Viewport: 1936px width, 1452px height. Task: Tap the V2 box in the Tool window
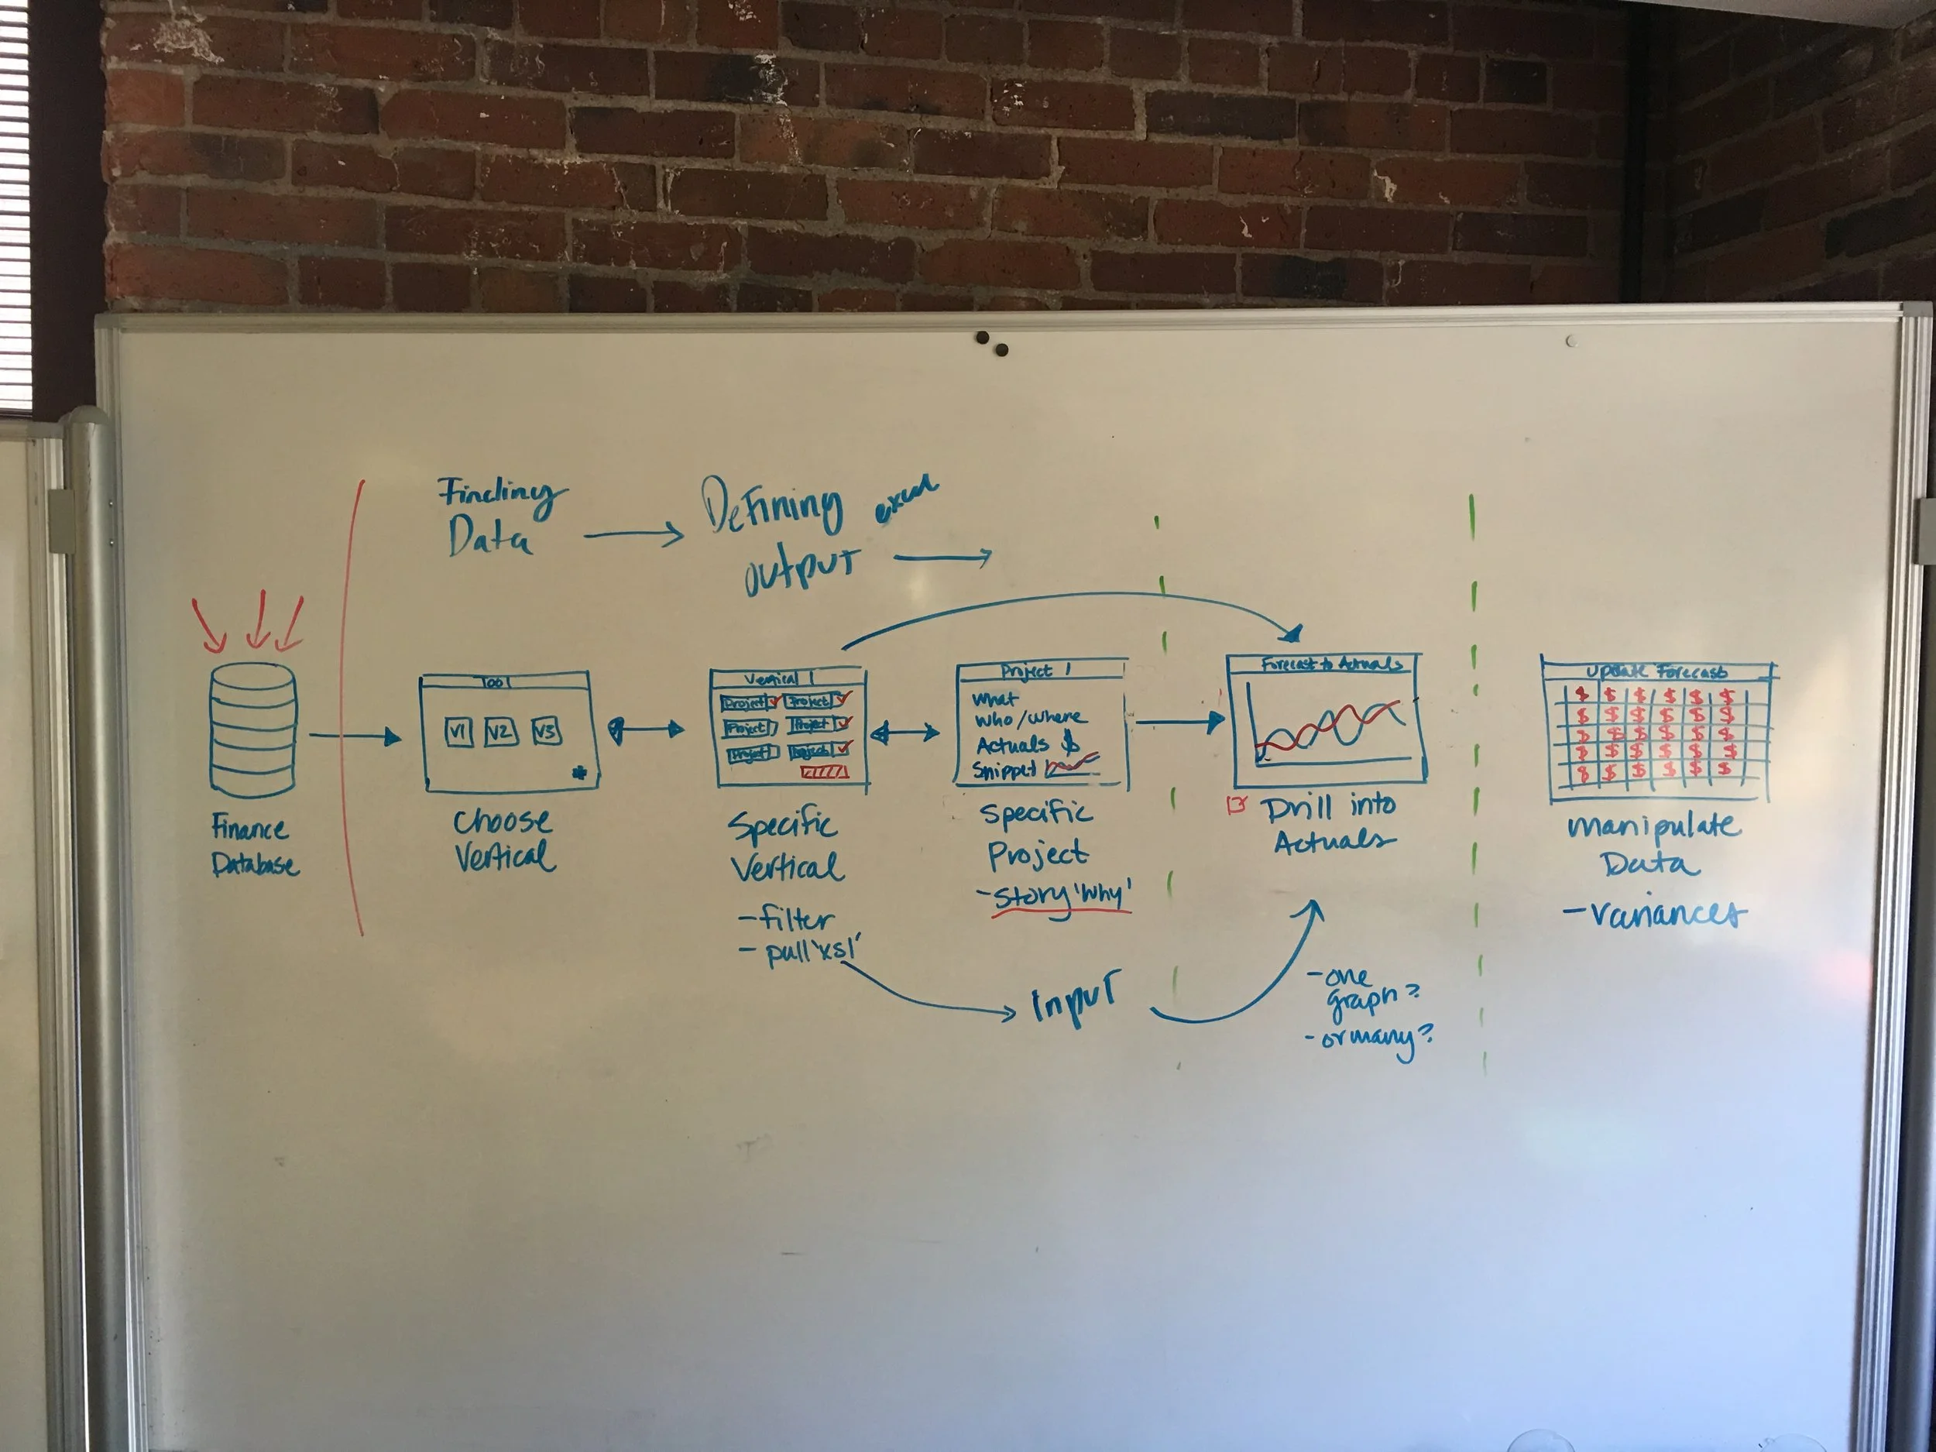click(x=499, y=732)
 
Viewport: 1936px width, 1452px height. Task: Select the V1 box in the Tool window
click(x=458, y=732)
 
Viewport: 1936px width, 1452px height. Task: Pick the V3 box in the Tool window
click(x=546, y=731)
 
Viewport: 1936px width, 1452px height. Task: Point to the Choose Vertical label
click(x=504, y=839)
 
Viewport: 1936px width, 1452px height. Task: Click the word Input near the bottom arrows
click(x=1074, y=1000)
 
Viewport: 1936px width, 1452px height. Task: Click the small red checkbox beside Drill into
click(x=1237, y=805)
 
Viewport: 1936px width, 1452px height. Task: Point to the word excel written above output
click(x=906, y=500)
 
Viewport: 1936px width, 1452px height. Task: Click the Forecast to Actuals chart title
click(x=1330, y=664)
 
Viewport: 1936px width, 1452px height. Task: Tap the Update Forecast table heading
click(x=1656, y=672)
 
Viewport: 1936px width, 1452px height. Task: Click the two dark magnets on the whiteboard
click(x=993, y=343)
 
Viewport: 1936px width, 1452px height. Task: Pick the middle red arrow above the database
click(x=257, y=620)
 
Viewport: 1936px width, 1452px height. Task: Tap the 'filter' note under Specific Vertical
click(x=787, y=919)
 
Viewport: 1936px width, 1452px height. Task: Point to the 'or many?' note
click(x=1370, y=1039)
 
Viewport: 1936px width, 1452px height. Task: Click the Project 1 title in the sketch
click(x=1037, y=671)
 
